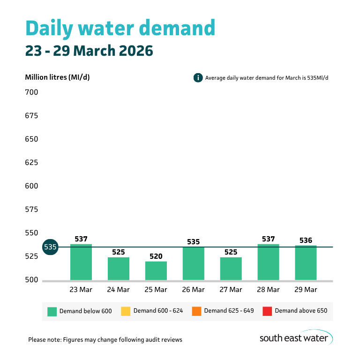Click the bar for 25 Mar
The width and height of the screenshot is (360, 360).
pyautogui.click(x=156, y=271)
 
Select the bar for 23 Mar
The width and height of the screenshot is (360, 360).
pyautogui.click(x=81, y=262)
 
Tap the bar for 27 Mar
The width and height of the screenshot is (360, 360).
pyautogui.click(x=231, y=269)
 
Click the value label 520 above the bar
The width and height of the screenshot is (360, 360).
pyautogui.click(x=156, y=256)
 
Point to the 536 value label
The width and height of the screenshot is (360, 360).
pyautogui.click(x=306, y=240)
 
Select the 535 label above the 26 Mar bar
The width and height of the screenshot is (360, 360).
pyautogui.click(x=194, y=242)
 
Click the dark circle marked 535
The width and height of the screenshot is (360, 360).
pyautogui.click(x=50, y=247)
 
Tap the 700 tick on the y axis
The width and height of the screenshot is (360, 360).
pyautogui.click(x=31, y=92)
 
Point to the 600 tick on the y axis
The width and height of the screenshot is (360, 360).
pyautogui.click(x=31, y=186)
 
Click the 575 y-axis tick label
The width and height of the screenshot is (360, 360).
pyautogui.click(x=31, y=210)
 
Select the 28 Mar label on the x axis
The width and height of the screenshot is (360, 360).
pyautogui.click(x=268, y=290)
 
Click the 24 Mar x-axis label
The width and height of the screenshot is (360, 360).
pyautogui.click(x=119, y=290)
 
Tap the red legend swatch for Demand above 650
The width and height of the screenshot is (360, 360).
pyautogui.click(x=267, y=311)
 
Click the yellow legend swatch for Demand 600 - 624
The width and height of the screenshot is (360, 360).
pyautogui.click(x=126, y=311)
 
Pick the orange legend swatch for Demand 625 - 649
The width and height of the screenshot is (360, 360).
pyautogui.click(x=196, y=311)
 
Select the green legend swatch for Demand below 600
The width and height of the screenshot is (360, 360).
pyautogui.click(x=52, y=311)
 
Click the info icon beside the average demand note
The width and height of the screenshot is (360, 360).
pyautogui.click(x=198, y=77)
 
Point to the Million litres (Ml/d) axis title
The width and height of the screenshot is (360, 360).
pyautogui.click(x=57, y=77)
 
